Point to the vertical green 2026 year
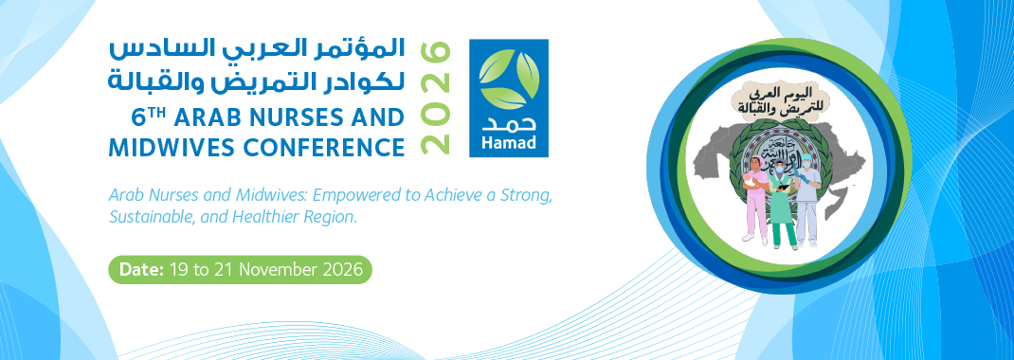(x=435, y=99)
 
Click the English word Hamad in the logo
(x=508, y=143)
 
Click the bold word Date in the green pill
(x=141, y=270)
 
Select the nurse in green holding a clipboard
(x=782, y=204)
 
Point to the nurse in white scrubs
(x=807, y=200)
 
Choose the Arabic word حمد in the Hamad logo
(x=508, y=123)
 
